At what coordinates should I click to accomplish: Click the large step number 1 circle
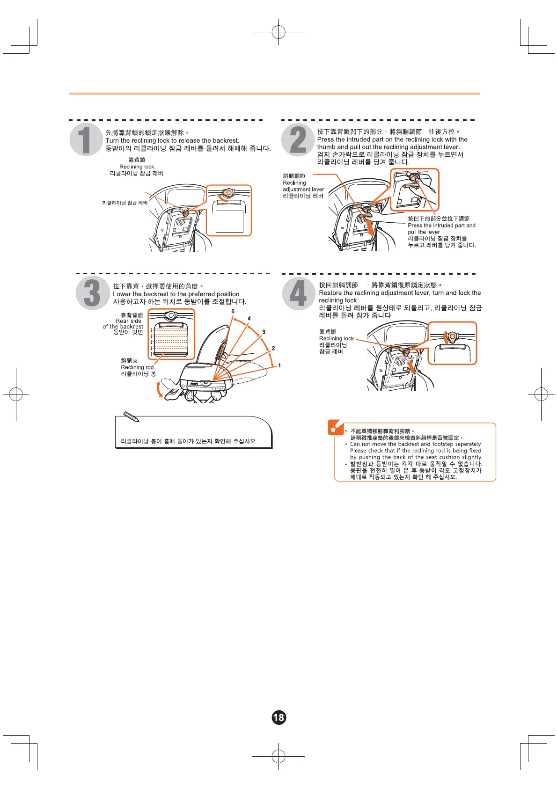pyautogui.click(x=86, y=139)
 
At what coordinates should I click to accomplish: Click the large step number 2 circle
pyautogui.click(x=298, y=139)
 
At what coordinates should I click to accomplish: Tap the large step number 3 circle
pyautogui.click(x=92, y=293)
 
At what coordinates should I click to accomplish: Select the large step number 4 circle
pyautogui.click(x=298, y=293)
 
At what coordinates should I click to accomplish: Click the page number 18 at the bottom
pyautogui.click(x=278, y=717)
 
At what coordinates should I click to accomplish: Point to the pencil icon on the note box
pyautogui.click(x=131, y=417)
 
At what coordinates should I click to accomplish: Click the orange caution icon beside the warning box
pyautogui.click(x=336, y=427)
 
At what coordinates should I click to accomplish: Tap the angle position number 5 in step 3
pyautogui.click(x=233, y=311)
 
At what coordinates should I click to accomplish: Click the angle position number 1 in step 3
pyautogui.click(x=279, y=365)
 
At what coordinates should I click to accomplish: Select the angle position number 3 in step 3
pyautogui.click(x=264, y=332)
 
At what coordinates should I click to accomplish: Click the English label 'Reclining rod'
pyautogui.click(x=137, y=367)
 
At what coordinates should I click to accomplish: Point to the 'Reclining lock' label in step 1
pyautogui.click(x=137, y=167)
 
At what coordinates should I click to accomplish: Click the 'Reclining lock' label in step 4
pyautogui.click(x=336, y=338)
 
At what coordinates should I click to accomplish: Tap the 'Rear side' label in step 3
pyautogui.click(x=129, y=321)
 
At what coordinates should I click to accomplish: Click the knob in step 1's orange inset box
pyautogui.click(x=228, y=193)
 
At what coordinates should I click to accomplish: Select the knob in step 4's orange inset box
pyautogui.click(x=452, y=337)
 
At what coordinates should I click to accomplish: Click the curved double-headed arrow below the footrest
pyautogui.click(x=160, y=389)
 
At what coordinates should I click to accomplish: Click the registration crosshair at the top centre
pyautogui.click(x=278, y=32)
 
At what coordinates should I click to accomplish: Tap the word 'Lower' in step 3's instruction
pyautogui.click(x=122, y=294)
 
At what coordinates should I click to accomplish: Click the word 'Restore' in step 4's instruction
pyautogui.click(x=330, y=293)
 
